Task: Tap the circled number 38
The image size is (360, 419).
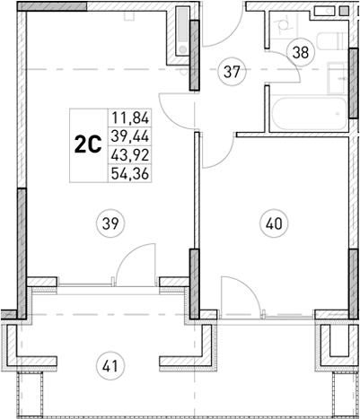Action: [300, 52]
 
